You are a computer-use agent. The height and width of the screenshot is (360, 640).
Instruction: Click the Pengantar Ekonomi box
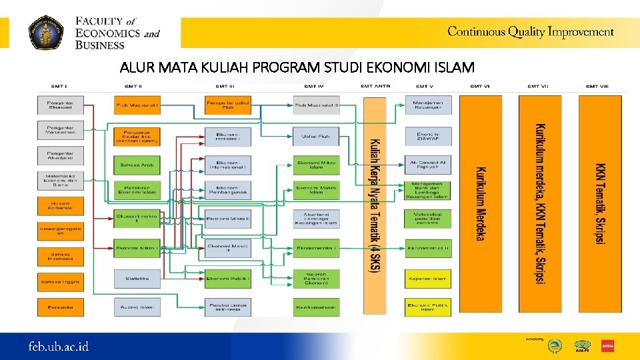click(x=61, y=105)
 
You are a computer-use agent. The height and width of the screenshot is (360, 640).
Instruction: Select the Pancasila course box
click(x=61, y=307)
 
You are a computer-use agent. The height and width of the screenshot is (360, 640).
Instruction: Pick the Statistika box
click(x=137, y=278)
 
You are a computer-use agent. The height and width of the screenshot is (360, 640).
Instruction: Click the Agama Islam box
click(x=137, y=307)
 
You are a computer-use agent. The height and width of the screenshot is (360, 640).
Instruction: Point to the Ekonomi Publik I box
click(x=227, y=278)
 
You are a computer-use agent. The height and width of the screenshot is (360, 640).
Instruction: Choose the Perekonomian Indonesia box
click(x=227, y=307)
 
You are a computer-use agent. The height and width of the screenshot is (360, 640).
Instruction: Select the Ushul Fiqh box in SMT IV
click(x=316, y=137)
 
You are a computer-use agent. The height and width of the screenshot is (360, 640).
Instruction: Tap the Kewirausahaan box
click(x=316, y=307)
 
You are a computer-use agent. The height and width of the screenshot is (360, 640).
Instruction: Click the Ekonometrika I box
click(x=316, y=248)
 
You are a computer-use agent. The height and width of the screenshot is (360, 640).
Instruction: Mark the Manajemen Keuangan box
click(x=428, y=105)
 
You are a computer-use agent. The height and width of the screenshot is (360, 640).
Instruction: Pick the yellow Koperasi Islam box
click(x=428, y=278)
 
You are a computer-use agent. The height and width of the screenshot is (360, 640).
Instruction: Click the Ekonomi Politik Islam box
click(x=428, y=307)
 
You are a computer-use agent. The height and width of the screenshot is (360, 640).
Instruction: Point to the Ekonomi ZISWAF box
click(x=428, y=137)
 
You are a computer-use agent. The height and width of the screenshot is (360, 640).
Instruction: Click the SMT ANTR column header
click(x=375, y=86)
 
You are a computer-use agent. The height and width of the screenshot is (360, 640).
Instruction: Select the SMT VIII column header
click(x=597, y=86)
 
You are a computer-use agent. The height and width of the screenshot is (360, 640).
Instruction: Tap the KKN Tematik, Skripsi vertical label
click(x=601, y=203)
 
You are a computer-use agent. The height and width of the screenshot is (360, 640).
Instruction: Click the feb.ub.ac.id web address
click(x=58, y=347)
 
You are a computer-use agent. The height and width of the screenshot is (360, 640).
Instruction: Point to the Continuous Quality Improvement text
click(x=530, y=31)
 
